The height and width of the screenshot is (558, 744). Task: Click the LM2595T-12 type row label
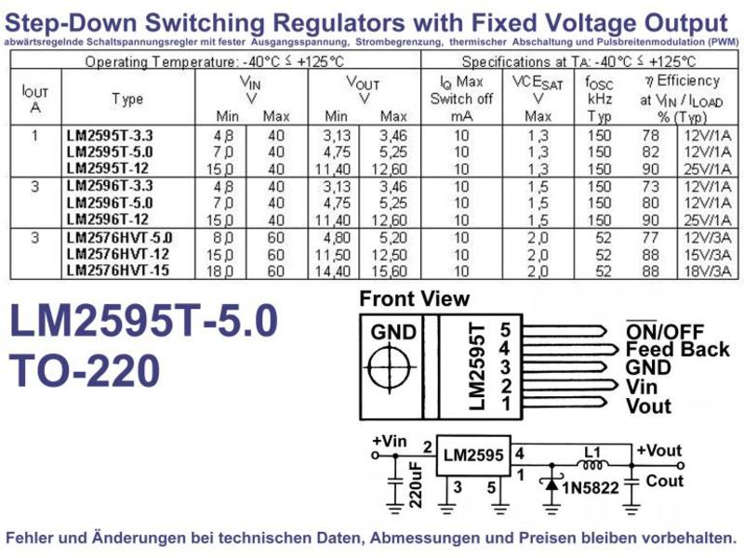pyautogui.click(x=108, y=168)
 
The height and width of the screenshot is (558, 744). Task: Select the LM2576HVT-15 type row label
pyautogui.click(x=118, y=271)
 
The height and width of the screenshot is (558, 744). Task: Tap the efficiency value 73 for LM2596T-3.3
pyautogui.click(x=650, y=186)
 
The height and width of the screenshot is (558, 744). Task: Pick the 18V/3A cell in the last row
pyautogui.click(x=708, y=272)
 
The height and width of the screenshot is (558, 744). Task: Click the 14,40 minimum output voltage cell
pyautogui.click(x=333, y=272)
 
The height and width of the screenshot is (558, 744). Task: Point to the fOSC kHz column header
pyautogui.click(x=599, y=99)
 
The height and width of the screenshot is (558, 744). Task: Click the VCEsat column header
pyautogui.click(x=538, y=99)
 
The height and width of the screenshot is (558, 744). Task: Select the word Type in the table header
pyautogui.click(x=127, y=100)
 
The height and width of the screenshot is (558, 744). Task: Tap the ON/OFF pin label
pyautogui.click(x=665, y=331)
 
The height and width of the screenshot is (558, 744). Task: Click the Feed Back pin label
pyautogui.click(x=678, y=350)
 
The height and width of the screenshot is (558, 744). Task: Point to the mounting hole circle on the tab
pyautogui.click(x=389, y=367)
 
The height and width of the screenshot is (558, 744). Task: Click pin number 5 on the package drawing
pyautogui.click(x=505, y=330)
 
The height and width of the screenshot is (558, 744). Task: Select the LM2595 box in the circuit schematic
pyautogui.click(x=473, y=456)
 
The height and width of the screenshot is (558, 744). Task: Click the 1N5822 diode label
pyautogui.click(x=591, y=487)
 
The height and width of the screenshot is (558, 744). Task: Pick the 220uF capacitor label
pyautogui.click(x=416, y=485)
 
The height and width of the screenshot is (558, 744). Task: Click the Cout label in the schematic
pyautogui.click(x=664, y=481)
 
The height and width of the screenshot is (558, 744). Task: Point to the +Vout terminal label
pyautogui.click(x=658, y=450)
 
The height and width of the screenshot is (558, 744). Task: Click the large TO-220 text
pyautogui.click(x=85, y=370)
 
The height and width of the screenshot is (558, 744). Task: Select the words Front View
pyautogui.click(x=414, y=299)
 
